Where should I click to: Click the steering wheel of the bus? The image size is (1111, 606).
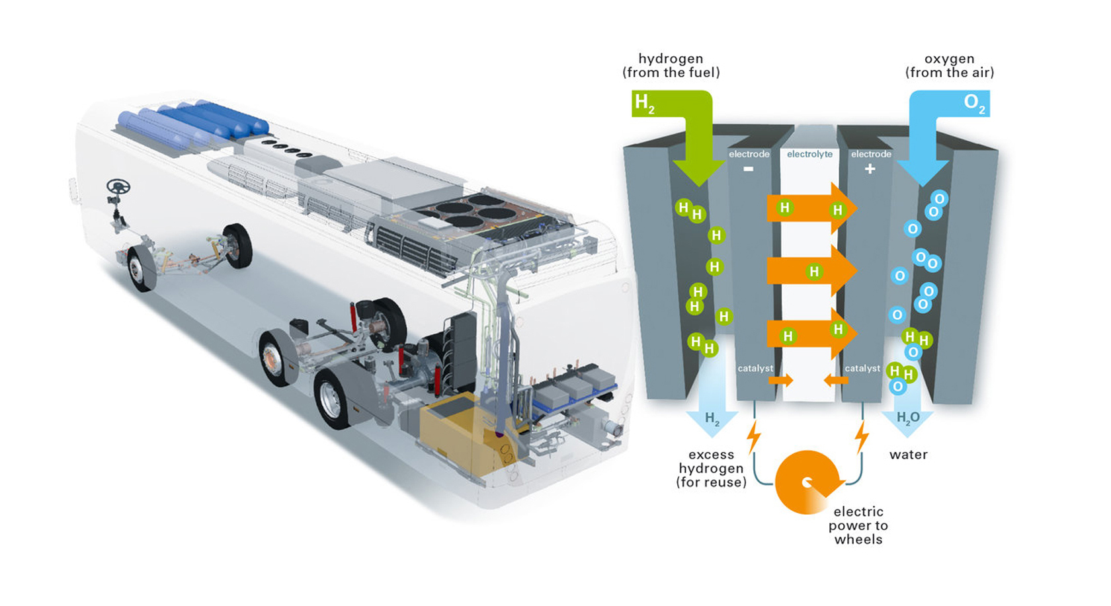click(118, 187)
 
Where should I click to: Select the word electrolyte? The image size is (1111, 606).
click(809, 154)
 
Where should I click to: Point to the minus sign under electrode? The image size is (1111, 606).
click(749, 169)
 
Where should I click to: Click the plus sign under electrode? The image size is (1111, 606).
click(870, 169)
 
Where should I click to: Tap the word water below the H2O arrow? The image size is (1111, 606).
click(908, 455)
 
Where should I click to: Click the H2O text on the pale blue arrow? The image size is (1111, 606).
click(908, 418)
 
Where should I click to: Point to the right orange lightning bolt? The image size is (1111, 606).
click(862, 437)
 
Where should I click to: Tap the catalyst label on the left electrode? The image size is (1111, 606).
click(755, 368)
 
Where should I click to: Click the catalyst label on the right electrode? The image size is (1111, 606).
click(862, 368)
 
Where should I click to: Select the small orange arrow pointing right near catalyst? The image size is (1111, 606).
click(780, 381)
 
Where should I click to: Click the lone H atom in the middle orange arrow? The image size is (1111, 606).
click(814, 272)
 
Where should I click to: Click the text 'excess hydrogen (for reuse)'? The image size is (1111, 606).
click(712, 469)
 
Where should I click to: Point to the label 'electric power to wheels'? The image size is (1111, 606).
click(858, 525)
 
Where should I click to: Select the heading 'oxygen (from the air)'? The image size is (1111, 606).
click(950, 65)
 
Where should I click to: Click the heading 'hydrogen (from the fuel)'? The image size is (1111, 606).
click(671, 65)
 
